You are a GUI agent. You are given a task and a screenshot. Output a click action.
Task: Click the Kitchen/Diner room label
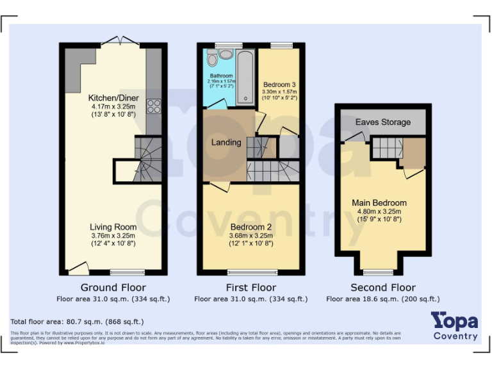click(113, 98)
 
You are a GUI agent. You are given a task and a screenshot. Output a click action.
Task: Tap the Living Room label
click(113, 227)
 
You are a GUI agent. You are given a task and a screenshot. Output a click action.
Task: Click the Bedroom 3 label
click(280, 85)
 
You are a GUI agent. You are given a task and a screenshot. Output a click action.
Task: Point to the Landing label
click(226, 142)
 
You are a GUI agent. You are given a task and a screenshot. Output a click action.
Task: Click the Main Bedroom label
click(379, 203)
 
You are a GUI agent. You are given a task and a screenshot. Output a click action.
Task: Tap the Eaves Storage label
click(383, 122)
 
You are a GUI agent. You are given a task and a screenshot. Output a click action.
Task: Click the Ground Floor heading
click(113, 288)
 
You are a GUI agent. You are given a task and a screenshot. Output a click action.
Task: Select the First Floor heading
click(251, 288)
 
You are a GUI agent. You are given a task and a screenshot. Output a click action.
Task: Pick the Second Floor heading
click(383, 288)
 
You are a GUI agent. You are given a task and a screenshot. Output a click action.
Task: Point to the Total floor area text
click(77, 322)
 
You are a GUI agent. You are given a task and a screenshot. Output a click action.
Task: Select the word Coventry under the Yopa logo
click(455, 336)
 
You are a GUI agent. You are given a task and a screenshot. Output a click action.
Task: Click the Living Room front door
click(78, 268)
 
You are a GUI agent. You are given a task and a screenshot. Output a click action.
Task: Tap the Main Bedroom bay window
click(382, 272)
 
